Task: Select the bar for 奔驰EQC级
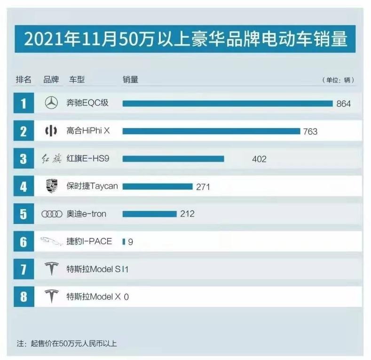[228, 103]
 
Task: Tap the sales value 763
[310, 131]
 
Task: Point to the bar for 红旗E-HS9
[173, 159]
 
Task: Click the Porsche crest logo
[51, 186]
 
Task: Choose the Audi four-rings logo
[52, 214]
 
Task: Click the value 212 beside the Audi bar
[187, 214]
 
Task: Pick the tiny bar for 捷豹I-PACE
[124, 241]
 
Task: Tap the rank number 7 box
[24, 270]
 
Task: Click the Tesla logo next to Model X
[51, 297]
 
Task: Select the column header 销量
[130, 80]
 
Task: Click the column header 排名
[24, 80]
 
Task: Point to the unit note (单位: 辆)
[338, 80]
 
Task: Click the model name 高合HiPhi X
[88, 131]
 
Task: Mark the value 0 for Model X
[126, 297]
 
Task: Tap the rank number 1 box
[24, 104]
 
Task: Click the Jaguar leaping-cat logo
[51, 242]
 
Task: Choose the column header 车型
[77, 80]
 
